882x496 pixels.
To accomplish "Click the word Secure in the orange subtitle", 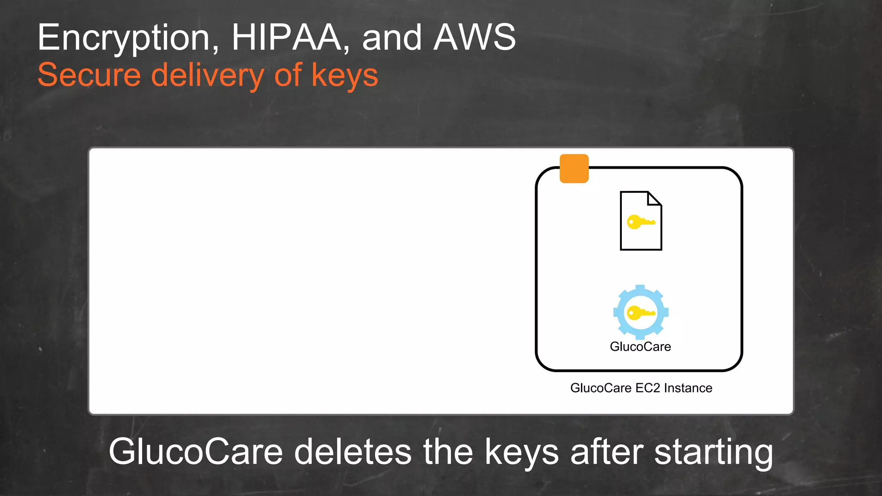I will click(x=89, y=75).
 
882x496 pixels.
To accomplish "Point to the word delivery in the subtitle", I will click(x=208, y=76).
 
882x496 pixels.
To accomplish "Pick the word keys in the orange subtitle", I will click(x=345, y=76).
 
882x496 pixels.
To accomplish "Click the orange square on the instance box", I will click(x=574, y=169).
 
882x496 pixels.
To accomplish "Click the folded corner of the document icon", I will click(x=654, y=199).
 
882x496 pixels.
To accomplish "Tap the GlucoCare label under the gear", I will click(x=640, y=347).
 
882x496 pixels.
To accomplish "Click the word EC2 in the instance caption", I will click(x=648, y=388).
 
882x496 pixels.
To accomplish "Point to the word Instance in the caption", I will click(x=688, y=388).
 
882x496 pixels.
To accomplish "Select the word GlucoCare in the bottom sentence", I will click(x=196, y=452).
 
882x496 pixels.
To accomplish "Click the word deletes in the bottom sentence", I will click(x=353, y=452).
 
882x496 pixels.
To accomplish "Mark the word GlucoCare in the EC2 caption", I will click(x=601, y=388).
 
